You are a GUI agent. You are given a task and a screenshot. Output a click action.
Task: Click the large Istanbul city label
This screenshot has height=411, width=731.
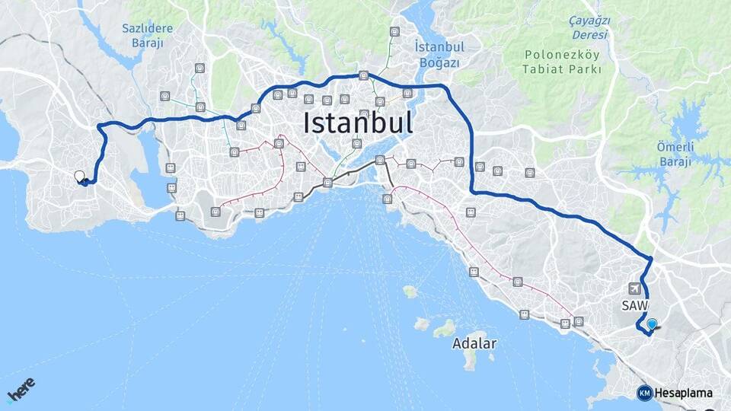[x=358, y=123]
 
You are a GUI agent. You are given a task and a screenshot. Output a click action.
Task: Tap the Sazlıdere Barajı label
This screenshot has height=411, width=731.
[x=147, y=35]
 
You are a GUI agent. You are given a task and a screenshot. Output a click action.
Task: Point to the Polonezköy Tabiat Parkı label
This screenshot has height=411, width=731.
[x=561, y=62]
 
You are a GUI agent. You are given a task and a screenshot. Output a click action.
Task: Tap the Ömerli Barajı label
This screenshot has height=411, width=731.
[x=673, y=153]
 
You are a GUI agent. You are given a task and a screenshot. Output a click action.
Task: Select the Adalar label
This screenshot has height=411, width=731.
[x=474, y=343]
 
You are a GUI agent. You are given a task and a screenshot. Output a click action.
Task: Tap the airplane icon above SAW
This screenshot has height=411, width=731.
[x=635, y=288]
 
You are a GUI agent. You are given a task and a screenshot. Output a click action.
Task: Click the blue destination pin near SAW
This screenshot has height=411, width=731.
[x=652, y=324]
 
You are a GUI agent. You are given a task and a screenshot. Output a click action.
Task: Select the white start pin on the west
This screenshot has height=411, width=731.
[x=79, y=177]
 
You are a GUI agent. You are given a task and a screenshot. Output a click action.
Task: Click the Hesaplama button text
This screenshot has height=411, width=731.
[x=683, y=393]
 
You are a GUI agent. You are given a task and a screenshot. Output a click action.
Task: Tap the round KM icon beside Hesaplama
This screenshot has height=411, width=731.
[x=644, y=393]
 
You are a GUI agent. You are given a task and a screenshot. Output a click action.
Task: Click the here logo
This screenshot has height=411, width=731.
[x=21, y=390]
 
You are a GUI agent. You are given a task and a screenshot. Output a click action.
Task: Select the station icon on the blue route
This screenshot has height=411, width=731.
[x=364, y=75]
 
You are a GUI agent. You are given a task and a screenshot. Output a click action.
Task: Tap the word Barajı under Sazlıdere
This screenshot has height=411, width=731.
[x=147, y=43]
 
